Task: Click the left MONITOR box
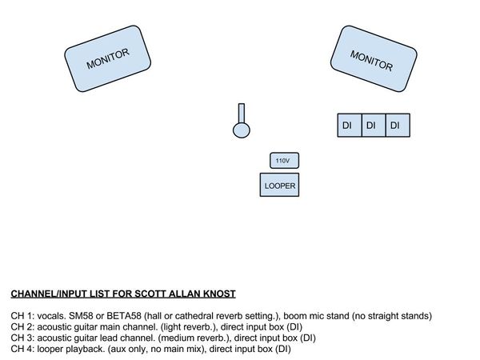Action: tap(107, 58)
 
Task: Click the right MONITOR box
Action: tap(374, 58)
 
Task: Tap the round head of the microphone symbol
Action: tap(242, 130)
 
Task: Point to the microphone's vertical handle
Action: tap(242, 114)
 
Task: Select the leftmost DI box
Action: tap(350, 126)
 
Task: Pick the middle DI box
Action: tap(374, 126)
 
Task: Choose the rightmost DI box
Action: tap(398, 126)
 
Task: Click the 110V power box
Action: tap(284, 161)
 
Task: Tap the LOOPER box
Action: tap(279, 185)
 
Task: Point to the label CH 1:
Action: tap(22, 316)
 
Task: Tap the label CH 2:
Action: tap(22, 327)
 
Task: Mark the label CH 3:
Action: tap(22, 338)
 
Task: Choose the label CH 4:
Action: tap(22, 349)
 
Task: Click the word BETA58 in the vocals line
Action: tap(124, 316)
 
